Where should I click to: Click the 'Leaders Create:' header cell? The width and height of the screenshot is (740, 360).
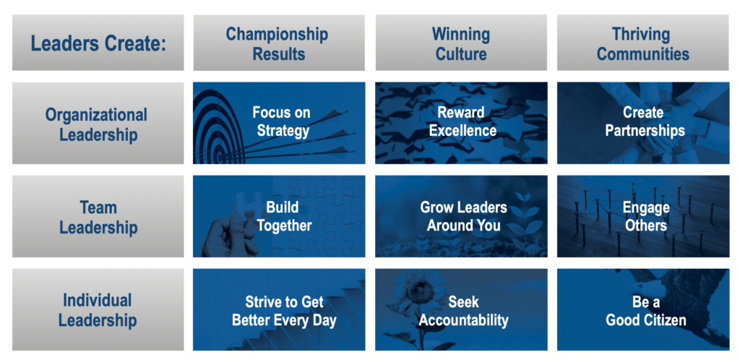click(98, 43)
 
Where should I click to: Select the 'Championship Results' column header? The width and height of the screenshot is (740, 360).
click(279, 43)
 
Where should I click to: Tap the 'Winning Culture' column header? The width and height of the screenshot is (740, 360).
click(461, 43)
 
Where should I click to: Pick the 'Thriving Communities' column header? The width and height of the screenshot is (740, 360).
click(642, 43)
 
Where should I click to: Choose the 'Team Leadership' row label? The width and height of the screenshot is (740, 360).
click(98, 217)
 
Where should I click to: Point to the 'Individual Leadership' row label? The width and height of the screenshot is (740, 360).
click(98, 309)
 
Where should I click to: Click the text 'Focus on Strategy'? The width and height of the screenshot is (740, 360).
click(281, 121)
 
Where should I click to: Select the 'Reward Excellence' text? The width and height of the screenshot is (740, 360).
click(462, 121)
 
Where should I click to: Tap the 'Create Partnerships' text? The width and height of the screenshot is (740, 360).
click(645, 121)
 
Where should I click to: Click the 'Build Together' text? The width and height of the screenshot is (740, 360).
click(284, 217)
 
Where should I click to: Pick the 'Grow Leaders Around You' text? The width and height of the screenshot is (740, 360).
click(463, 217)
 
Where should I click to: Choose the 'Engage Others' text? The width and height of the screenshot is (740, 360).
click(645, 217)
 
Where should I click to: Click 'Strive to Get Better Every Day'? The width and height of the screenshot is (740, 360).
click(284, 311)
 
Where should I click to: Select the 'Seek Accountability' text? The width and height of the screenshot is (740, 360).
click(463, 311)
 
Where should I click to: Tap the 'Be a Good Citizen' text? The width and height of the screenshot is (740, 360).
click(645, 311)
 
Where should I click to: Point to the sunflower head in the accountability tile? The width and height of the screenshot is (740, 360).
click(417, 288)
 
